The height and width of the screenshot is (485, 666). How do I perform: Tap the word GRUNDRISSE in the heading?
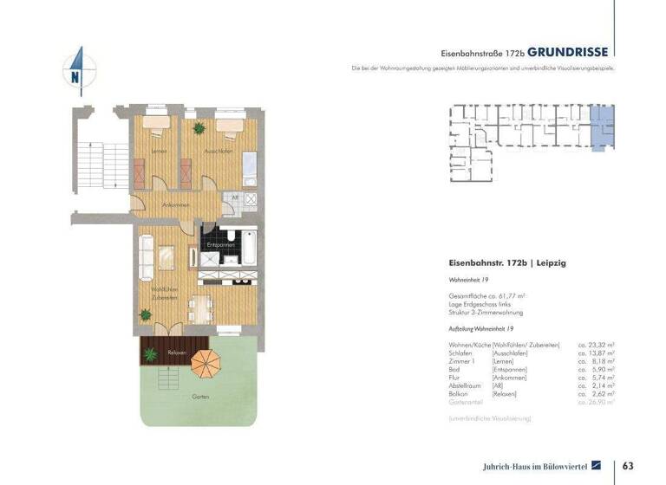pyautogui.click(x=568, y=51)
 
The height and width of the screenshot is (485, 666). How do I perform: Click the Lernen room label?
pyautogui.click(x=158, y=152)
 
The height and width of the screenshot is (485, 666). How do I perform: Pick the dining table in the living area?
pyautogui.click(x=202, y=305)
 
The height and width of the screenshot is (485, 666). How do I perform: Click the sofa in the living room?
pyautogui.click(x=146, y=255)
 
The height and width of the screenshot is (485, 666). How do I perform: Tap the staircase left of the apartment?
pyautogui.click(x=91, y=164)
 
